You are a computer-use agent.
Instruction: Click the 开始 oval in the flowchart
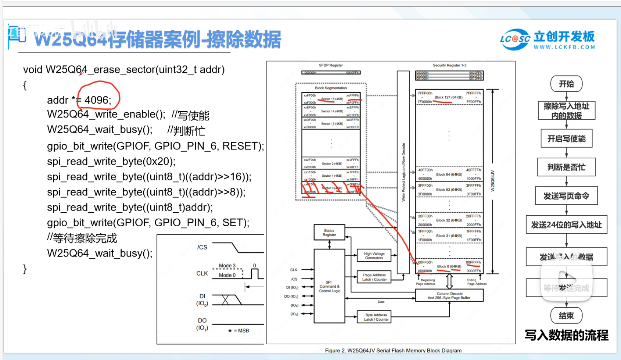[x=566, y=84]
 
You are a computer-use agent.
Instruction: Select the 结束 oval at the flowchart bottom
[x=566, y=316]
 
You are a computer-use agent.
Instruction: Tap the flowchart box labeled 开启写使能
[x=566, y=138]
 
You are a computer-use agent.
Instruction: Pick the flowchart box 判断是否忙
[x=566, y=167]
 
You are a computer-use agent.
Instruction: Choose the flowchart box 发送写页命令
[x=566, y=196]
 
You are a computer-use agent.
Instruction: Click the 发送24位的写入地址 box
[x=566, y=224]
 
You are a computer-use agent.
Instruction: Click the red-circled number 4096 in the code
[x=97, y=100]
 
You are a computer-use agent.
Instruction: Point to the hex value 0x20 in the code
[x=159, y=162]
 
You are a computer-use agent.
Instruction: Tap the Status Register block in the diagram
[x=329, y=233]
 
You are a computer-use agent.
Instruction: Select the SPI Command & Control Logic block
[x=329, y=287]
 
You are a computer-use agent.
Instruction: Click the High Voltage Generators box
[x=374, y=256]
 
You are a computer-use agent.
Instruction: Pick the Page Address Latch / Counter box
[x=374, y=277]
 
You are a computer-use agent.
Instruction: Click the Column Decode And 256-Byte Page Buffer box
[x=449, y=296]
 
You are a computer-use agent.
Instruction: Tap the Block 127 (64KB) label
[x=448, y=97]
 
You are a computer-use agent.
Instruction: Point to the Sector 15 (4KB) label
[x=332, y=99]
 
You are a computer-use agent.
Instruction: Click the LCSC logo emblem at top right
[x=515, y=39]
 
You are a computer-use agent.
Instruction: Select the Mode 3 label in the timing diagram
[x=227, y=266]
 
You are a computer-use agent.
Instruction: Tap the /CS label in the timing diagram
[x=202, y=247]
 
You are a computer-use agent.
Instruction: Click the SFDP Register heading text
[x=331, y=65]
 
